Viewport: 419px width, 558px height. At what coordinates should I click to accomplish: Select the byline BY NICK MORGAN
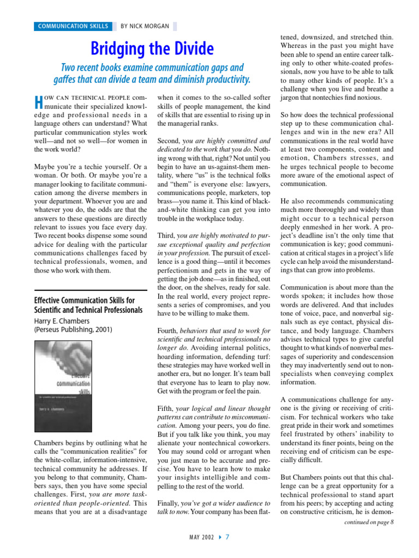click(145, 26)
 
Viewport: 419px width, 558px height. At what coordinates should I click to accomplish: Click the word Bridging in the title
click(118, 49)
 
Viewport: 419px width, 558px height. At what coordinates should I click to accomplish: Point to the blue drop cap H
click(38, 101)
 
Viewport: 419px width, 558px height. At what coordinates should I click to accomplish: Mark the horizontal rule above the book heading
click(91, 290)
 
